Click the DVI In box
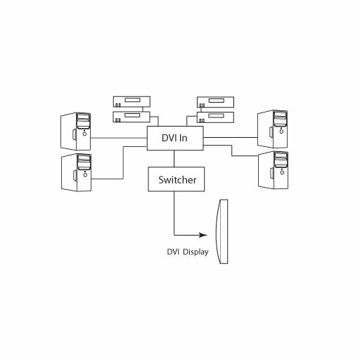pyautogui.click(x=175, y=138)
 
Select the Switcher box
pyautogui.click(x=176, y=179)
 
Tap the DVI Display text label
pyautogui.click(x=188, y=252)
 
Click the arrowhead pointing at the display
pyautogui.click(x=203, y=235)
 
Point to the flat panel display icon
pyautogui.click(x=222, y=231)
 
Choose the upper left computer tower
pyautogui.click(x=76, y=131)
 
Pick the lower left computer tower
pyautogui.click(x=76, y=172)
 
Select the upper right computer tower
pyautogui.click(x=273, y=129)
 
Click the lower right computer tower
pyautogui.click(x=273, y=170)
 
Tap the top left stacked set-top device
pyautogui.click(x=131, y=102)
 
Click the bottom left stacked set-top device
pyautogui.click(x=131, y=117)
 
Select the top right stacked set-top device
pyautogui.click(x=215, y=102)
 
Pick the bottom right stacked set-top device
pyautogui.click(x=215, y=117)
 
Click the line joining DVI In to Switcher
pyautogui.click(x=174, y=159)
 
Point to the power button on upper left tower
pyautogui.click(x=84, y=134)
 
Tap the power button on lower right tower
pyautogui.click(x=282, y=172)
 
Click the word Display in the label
pyautogui.click(x=195, y=252)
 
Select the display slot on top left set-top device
pyautogui.click(x=132, y=100)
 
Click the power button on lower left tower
pyautogui.click(x=85, y=175)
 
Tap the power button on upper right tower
pyautogui.click(x=281, y=131)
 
